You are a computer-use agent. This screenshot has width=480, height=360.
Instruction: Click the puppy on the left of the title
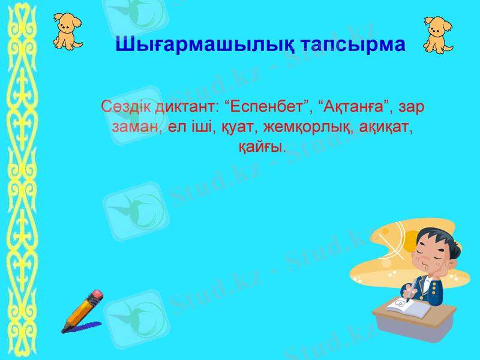tap(67, 30)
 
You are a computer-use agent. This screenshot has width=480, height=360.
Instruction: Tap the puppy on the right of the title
tap(438, 33)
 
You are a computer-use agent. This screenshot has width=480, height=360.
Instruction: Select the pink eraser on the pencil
tap(96, 296)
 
